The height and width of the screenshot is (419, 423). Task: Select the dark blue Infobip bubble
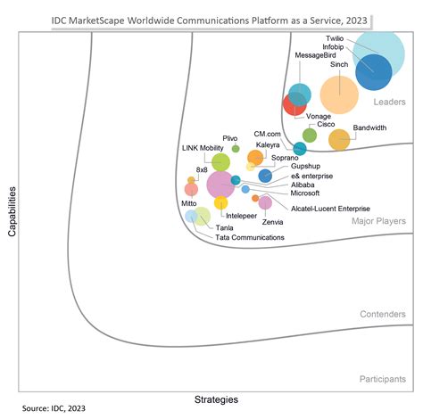372,73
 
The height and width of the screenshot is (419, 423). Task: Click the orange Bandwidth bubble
339,139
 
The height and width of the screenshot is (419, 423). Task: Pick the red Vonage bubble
294,104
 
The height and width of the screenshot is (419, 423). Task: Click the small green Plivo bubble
236,149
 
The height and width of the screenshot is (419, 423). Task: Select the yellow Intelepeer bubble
220,203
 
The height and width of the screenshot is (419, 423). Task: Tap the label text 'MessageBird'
317,55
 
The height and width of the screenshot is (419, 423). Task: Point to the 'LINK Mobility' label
203,148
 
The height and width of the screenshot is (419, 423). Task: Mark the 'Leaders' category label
389,103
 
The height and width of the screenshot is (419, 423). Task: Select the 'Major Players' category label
378,220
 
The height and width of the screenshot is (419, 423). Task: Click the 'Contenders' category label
383,315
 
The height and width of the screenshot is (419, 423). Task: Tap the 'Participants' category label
383,379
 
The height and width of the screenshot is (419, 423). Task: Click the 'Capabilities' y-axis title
12,211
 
